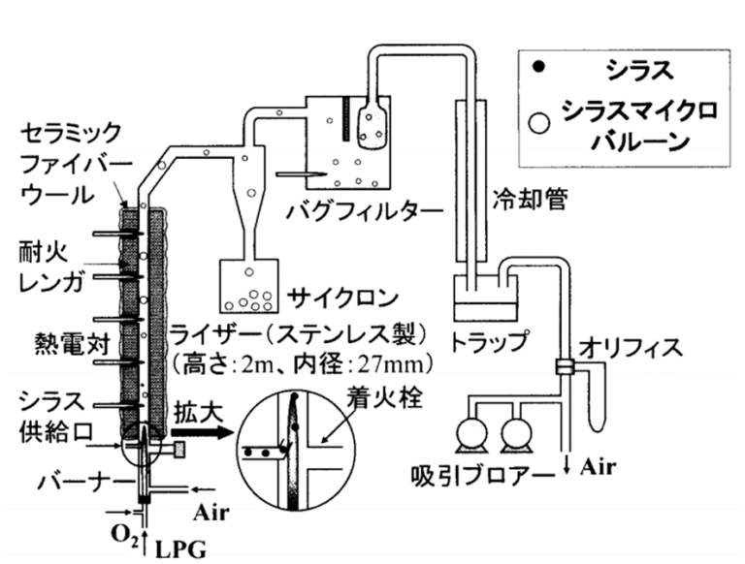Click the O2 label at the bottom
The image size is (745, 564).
click(119, 534)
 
